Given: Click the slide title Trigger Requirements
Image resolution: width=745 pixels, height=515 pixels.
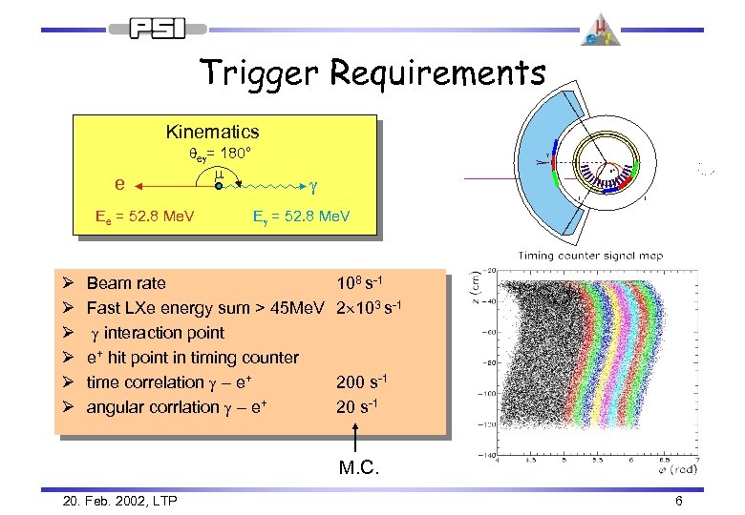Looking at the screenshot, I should pos(372,73).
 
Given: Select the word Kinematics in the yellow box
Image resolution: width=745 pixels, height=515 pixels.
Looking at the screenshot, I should pos(212,132).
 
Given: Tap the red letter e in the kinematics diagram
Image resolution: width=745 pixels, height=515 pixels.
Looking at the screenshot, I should pos(118,181).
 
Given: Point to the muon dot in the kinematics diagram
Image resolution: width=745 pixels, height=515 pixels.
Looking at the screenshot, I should pos(218,187).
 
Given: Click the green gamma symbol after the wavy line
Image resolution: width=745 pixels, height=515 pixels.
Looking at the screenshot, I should pos(314,181).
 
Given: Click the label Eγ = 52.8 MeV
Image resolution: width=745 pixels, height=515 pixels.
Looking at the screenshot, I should pos(301,217).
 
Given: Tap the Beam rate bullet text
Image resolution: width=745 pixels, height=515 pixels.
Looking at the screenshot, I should pos(126,283).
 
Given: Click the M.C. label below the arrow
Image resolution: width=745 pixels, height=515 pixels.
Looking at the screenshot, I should pos(358,468).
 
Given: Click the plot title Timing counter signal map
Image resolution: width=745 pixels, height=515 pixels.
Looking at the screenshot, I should pos(590,256).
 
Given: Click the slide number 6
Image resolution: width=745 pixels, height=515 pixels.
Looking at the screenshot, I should pos(678,501).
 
